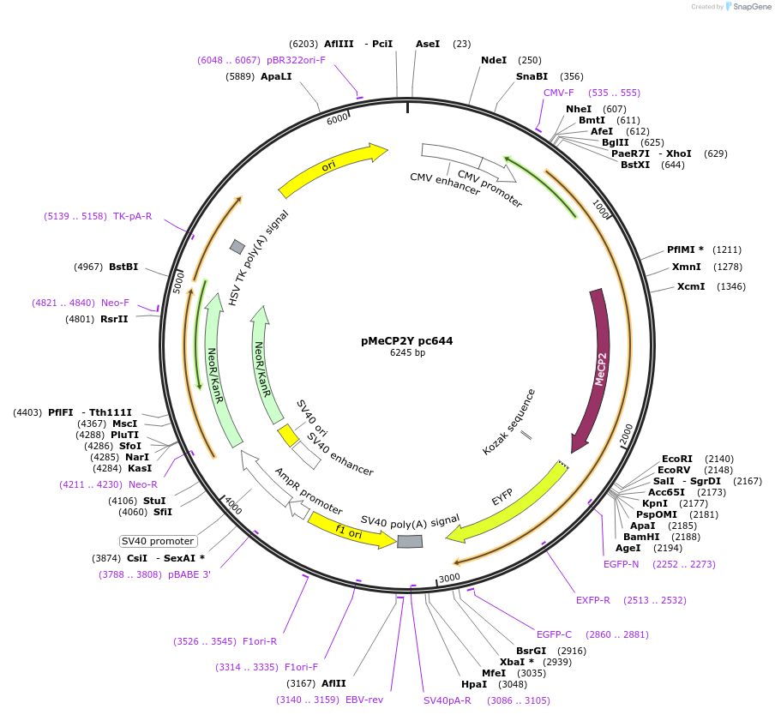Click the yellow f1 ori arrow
pos(347,529)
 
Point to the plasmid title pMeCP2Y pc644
pos(407,340)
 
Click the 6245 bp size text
pos(407,352)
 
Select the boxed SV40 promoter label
pos(159,541)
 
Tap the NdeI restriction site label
pos(494,60)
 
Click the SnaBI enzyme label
pos(532,76)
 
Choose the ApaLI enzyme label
pos(276,76)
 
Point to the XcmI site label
pos(691,286)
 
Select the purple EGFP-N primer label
pos(621,564)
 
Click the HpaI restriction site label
pos(474,684)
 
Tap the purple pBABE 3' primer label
pos(189,574)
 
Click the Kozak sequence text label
pos(509,421)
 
